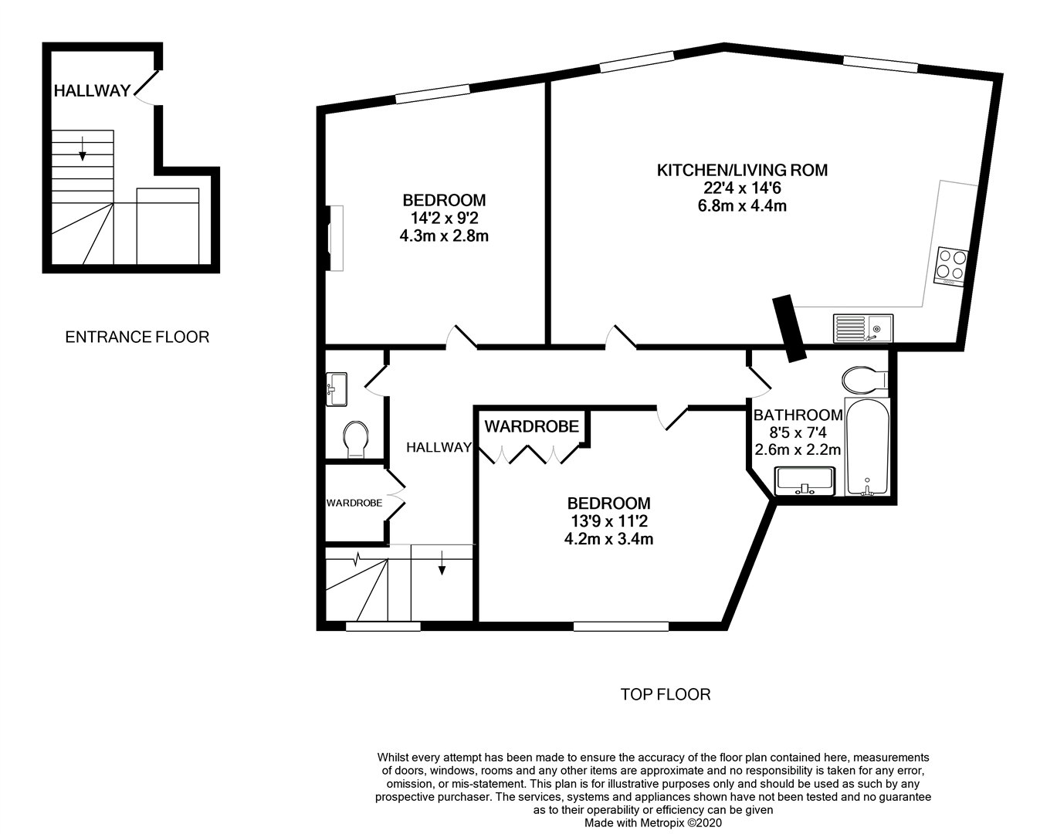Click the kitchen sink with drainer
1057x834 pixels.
(862, 328)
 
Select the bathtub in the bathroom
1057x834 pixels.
(867, 447)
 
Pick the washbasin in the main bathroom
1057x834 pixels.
(805, 480)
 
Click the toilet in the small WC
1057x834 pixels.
(356, 439)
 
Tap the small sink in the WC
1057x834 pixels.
(337, 388)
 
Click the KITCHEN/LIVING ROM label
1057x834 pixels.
(741, 170)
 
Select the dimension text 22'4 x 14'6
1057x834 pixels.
(741, 188)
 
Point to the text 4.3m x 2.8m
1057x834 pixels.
(443, 236)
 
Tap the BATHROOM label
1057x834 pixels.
(798, 415)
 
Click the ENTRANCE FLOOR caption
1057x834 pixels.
(137, 337)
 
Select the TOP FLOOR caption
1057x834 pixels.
(665, 694)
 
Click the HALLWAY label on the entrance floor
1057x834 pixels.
(92, 91)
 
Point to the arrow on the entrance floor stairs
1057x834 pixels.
(83, 147)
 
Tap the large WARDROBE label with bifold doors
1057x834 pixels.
(531, 426)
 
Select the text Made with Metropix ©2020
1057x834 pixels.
(652, 823)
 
